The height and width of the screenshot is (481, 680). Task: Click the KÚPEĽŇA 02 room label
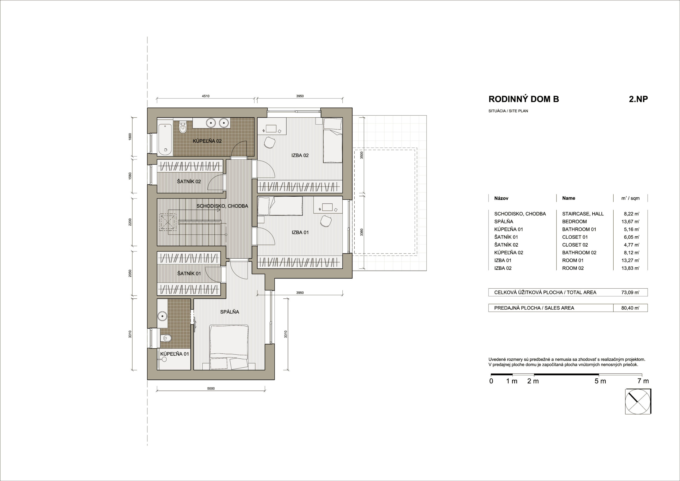(207, 141)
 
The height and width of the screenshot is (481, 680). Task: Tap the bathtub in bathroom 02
(165, 139)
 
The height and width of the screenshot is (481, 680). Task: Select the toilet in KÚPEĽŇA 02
(183, 128)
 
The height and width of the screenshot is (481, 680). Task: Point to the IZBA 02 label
(300, 155)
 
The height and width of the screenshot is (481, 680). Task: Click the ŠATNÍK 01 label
(189, 273)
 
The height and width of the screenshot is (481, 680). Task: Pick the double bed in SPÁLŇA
(229, 347)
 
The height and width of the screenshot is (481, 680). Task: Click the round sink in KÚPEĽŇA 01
(162, 316)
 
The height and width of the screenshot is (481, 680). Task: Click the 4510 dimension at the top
(206, 96)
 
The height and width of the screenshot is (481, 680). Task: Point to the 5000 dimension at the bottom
(211, 389)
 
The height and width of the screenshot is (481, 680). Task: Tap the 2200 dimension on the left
(130, 222)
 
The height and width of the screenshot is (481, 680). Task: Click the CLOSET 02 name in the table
(575, 245)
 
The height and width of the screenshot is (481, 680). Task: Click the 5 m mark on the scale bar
(600, 381)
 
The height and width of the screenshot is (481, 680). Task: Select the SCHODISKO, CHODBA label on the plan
(222, 206)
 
